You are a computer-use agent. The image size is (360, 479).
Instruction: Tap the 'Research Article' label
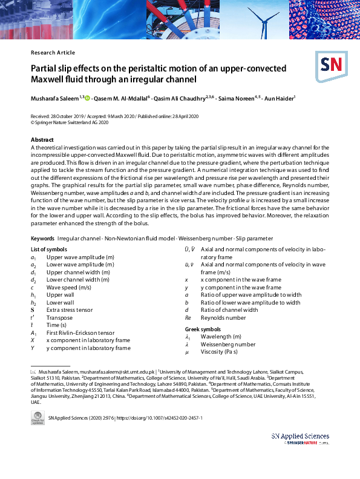(x=53, y=53)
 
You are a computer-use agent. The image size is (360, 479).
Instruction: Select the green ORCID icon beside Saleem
(x=88, y=97)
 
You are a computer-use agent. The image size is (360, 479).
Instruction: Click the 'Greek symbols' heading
(x=204, y=329)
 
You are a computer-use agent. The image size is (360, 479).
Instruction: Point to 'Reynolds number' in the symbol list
(x=223, y=317)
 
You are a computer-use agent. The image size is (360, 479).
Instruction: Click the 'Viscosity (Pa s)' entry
(x=223, y=352)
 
